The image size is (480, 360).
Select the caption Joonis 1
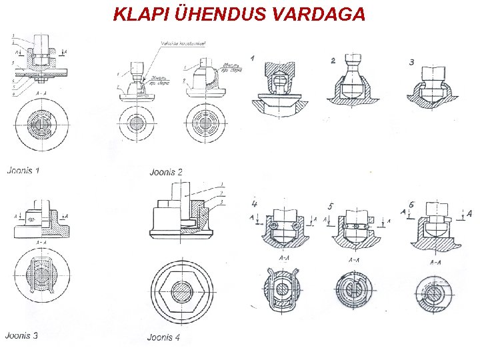point(23,170)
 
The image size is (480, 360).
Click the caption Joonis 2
point(166,172)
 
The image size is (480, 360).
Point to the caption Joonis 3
point(21,335)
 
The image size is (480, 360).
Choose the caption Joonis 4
point(163,337)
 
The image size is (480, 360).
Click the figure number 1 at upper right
point(253,59)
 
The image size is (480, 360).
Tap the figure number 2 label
point(333,61)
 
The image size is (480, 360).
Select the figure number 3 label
point(412,62)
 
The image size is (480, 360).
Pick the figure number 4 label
point(254,202)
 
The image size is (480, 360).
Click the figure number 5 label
point(331,205)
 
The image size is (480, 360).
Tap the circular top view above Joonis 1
point(40,125)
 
